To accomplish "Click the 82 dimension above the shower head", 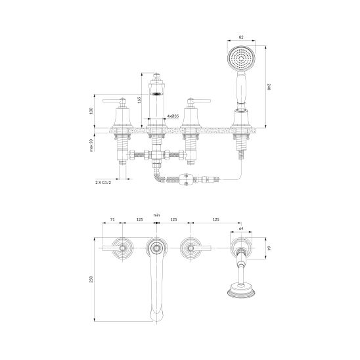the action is (x=241, y=37).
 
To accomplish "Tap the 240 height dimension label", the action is (x=269, y=87).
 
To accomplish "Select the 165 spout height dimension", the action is (x=139, y=100).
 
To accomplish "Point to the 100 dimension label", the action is (x=91, y=110).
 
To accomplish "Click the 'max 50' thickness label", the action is (x=91, y=145).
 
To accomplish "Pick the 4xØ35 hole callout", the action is (x=173, y=116).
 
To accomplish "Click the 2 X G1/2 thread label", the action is (x=103, y=183).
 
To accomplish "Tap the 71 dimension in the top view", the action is (x=112, y=219).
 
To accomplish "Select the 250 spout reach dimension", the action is (x=91, y=279).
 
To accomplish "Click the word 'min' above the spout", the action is (x=156, y=215).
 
